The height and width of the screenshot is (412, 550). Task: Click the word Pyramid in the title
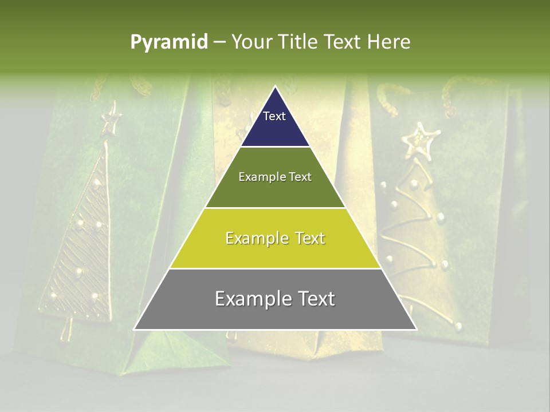(168, 42)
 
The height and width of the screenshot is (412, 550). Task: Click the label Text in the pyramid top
(274, 116)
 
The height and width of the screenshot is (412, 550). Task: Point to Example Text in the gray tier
(275, 299)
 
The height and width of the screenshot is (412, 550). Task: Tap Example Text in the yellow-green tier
(275, 238)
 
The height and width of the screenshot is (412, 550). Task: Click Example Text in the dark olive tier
(275, 177)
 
